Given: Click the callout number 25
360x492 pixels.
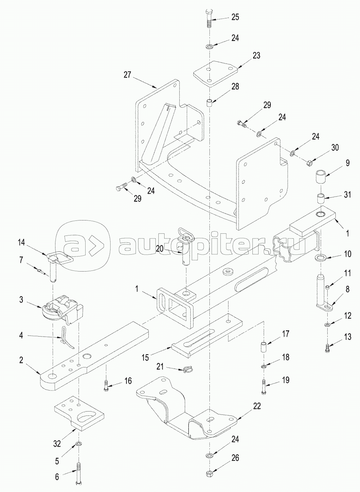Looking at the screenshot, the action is click(x=235, y=17).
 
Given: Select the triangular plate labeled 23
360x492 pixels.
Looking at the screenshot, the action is click(x=216, y=73).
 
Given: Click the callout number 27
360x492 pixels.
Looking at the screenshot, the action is click(x=127, y=75).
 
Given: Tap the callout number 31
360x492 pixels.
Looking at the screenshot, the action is click(x=347, y=195).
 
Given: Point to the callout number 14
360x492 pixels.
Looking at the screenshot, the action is click(x=21, y=243).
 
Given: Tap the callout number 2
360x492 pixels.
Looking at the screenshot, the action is click(x=21, y=360).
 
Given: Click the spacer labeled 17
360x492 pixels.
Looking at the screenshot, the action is click(x=264, y=347).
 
